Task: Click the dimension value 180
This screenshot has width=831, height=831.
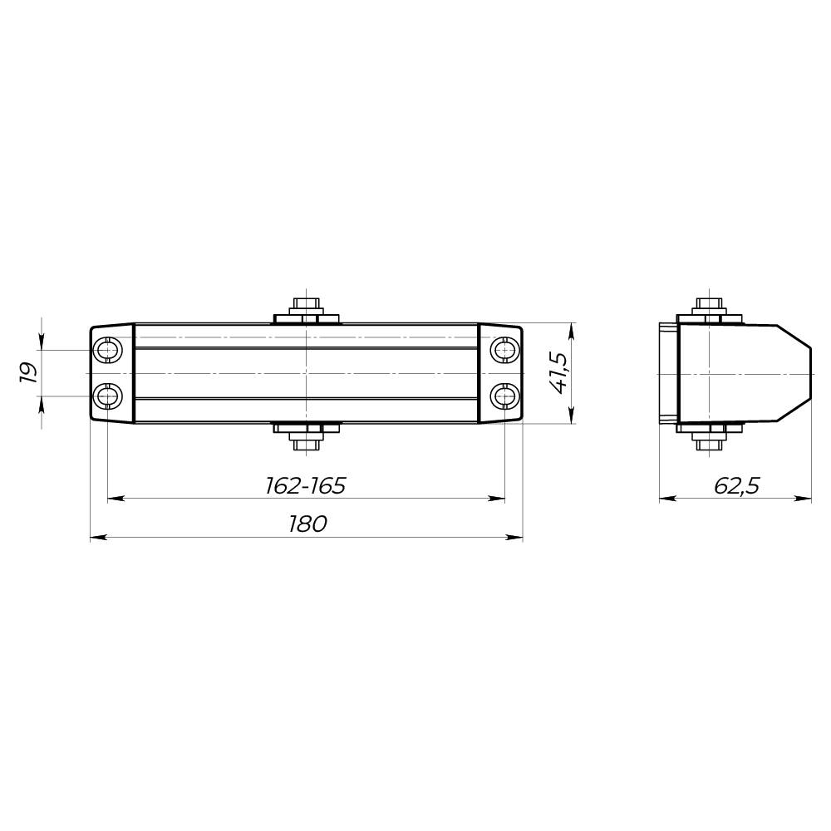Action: [307, 524]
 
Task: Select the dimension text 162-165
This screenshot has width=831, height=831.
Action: [305, 485]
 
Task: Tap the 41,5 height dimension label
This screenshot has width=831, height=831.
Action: [558, 373]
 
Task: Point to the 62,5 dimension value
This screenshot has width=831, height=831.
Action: [736, 485]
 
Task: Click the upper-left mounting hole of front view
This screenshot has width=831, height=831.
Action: [108, 351]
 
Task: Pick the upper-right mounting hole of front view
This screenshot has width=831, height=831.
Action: [504, 351]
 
